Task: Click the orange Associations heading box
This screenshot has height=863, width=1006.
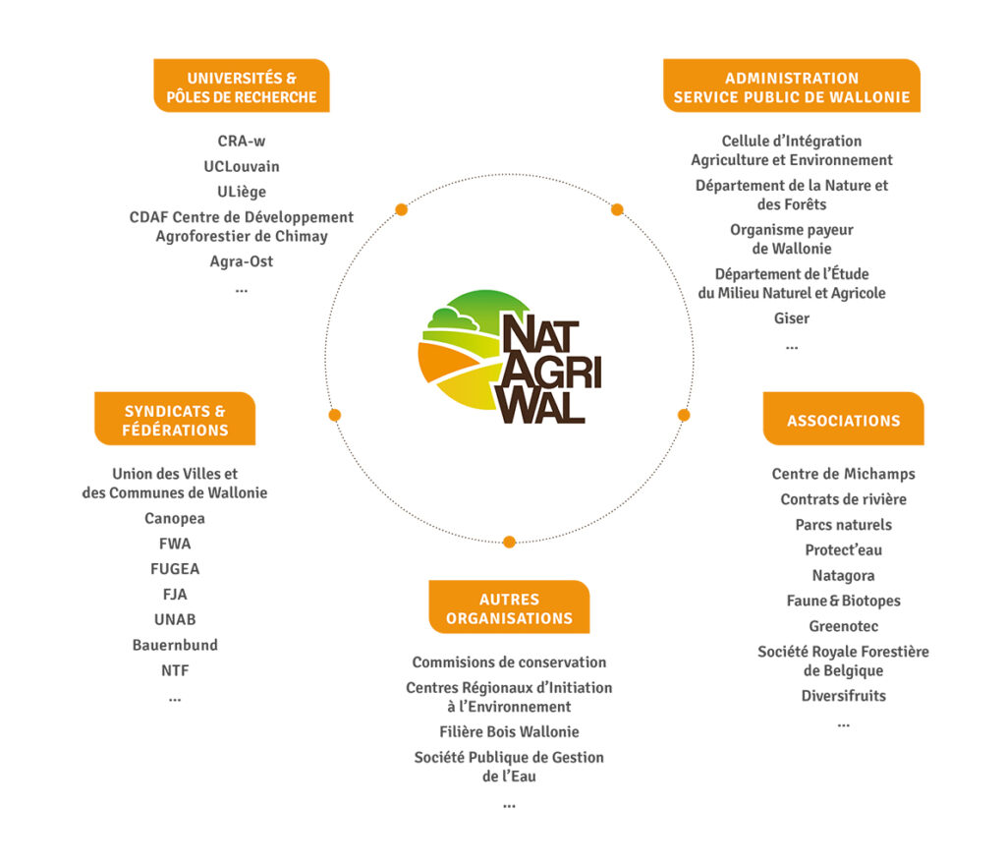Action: (x=843, y=420)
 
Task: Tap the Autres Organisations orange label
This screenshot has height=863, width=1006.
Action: (x=509, y=608)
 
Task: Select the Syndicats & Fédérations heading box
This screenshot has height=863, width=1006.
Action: (x=175, y=420)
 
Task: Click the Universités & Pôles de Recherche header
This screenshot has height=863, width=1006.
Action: (x=242, y=86)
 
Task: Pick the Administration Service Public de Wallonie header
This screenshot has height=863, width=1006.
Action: (x=792, y=86)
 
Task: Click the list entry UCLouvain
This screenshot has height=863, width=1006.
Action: (x=242, y=166)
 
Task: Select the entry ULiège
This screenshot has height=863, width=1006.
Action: (x=242, y=192)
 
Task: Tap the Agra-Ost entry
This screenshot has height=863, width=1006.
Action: (x=242, y=261)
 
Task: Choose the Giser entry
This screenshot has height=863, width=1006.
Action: (x=792, y=318)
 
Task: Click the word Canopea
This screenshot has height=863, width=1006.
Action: (x=175, y=518)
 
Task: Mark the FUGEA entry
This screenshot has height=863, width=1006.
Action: (x=175, y=569)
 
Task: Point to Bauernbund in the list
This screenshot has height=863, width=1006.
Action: (x=175, y=645)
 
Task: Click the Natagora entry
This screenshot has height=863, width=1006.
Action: (x=843, y=575)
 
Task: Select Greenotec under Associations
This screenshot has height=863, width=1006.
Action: (x=843, y=626)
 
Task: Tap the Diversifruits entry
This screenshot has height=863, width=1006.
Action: (x=843, y=696)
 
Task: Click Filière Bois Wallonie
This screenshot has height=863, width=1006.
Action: (x=509, y=731)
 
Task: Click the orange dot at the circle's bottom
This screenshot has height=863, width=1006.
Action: (x=509, y=542)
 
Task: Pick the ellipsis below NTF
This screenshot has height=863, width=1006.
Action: (x=175, y=698)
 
